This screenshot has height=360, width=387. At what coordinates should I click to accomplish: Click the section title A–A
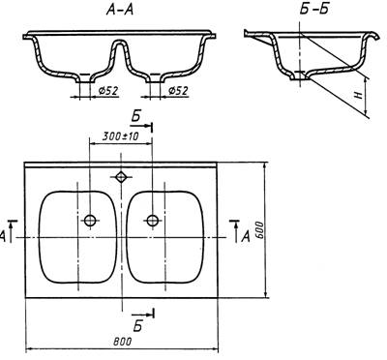point(120,11)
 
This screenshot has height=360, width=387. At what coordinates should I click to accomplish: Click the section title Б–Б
point(313,10)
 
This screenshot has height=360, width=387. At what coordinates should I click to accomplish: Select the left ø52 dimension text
point(108,92)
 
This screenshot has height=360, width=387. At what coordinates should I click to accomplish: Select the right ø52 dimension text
point(178,91)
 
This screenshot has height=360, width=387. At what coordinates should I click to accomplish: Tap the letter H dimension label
point(360,96)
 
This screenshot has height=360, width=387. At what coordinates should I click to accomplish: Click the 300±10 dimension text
point(120,136)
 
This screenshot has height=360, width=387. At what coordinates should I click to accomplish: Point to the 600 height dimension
point(260,230)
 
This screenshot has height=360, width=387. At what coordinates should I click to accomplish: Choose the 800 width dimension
point(123,342)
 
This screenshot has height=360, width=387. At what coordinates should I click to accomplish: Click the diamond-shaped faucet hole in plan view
point(121,177)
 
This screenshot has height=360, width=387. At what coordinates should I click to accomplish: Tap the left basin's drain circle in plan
point(90,221)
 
